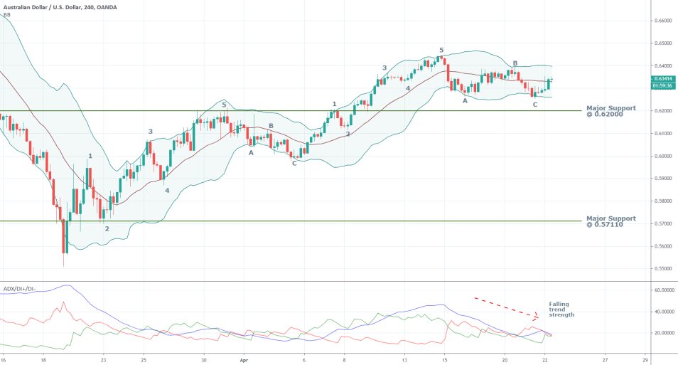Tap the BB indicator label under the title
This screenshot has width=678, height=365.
click(7, 15)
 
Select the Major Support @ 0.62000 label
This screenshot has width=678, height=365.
click(610, 111)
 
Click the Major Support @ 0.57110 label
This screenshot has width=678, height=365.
click(610, 221)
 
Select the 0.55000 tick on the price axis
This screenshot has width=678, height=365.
click(662, 269)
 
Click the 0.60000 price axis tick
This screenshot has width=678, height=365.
click(662, 156)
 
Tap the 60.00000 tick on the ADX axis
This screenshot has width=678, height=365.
click(662, 290)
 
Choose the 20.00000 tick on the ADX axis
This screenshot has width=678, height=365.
click(662, 332)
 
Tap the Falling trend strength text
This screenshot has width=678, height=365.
click(561, 309)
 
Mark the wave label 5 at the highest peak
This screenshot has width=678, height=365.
click(441, 51)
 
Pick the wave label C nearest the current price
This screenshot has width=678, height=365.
click(535, 105)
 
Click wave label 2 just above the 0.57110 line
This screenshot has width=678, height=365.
click(107, 229)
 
